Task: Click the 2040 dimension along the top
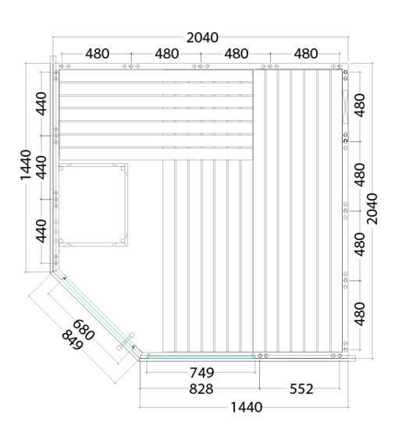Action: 202,37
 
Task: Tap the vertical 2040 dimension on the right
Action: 372,209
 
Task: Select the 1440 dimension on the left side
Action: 26,165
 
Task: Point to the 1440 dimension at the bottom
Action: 247,407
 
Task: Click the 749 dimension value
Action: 202,373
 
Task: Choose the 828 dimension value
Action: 201,388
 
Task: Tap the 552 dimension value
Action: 301,388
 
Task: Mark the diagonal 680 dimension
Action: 84,330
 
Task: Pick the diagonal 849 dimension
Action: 72,341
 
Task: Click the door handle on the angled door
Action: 126,342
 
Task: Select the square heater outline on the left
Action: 93,204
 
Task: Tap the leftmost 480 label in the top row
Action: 98,54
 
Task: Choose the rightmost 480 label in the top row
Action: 306,54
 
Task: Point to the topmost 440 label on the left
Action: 41,104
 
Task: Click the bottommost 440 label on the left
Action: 41,231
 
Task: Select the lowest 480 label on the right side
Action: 360,314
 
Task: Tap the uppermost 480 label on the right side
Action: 360,105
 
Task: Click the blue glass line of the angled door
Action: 98,313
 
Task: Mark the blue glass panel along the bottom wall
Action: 201,356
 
